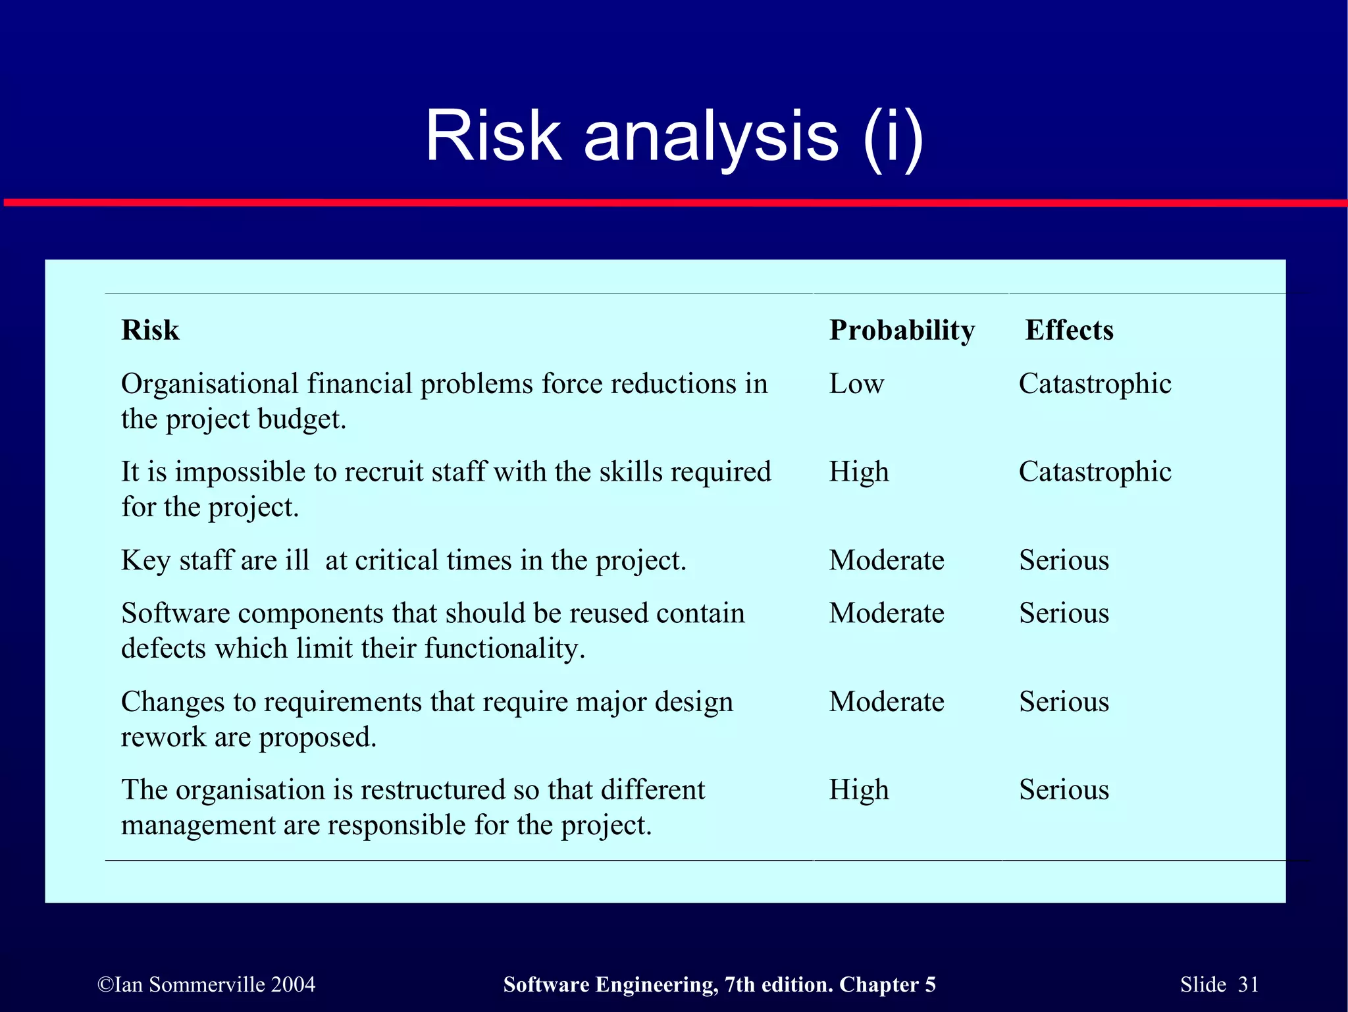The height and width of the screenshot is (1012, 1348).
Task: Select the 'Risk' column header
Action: [x=150, y=330]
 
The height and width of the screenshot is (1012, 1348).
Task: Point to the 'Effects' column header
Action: [x=1069, y=330]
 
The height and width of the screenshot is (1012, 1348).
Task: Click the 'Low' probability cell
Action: [x=856, y=384]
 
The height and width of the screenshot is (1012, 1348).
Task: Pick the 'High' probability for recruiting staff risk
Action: [x=858, y=472]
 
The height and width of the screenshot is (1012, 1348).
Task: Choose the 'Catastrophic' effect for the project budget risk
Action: [x=1095, y=384]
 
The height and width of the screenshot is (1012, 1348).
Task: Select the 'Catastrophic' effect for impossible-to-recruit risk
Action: [x=1095, y=472]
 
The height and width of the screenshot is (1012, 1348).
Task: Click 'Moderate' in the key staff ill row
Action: [x=886, y=560]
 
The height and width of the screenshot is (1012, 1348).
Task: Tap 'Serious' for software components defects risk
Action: [x=1064, y=613]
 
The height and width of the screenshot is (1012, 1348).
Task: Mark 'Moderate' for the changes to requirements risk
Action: [x=886, y=702]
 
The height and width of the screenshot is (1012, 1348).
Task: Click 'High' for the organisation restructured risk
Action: [x=858, y=790]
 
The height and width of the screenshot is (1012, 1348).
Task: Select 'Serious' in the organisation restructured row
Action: [x=1064, y=790]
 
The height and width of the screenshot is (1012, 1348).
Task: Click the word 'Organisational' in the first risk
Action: [x=210, y=384]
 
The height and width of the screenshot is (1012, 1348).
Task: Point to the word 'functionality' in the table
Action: [x=504, y=649]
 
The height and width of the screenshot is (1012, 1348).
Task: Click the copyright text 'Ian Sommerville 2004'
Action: [x=207, y=984]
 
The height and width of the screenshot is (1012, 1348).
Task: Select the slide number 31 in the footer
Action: [x=1248, y=984]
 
